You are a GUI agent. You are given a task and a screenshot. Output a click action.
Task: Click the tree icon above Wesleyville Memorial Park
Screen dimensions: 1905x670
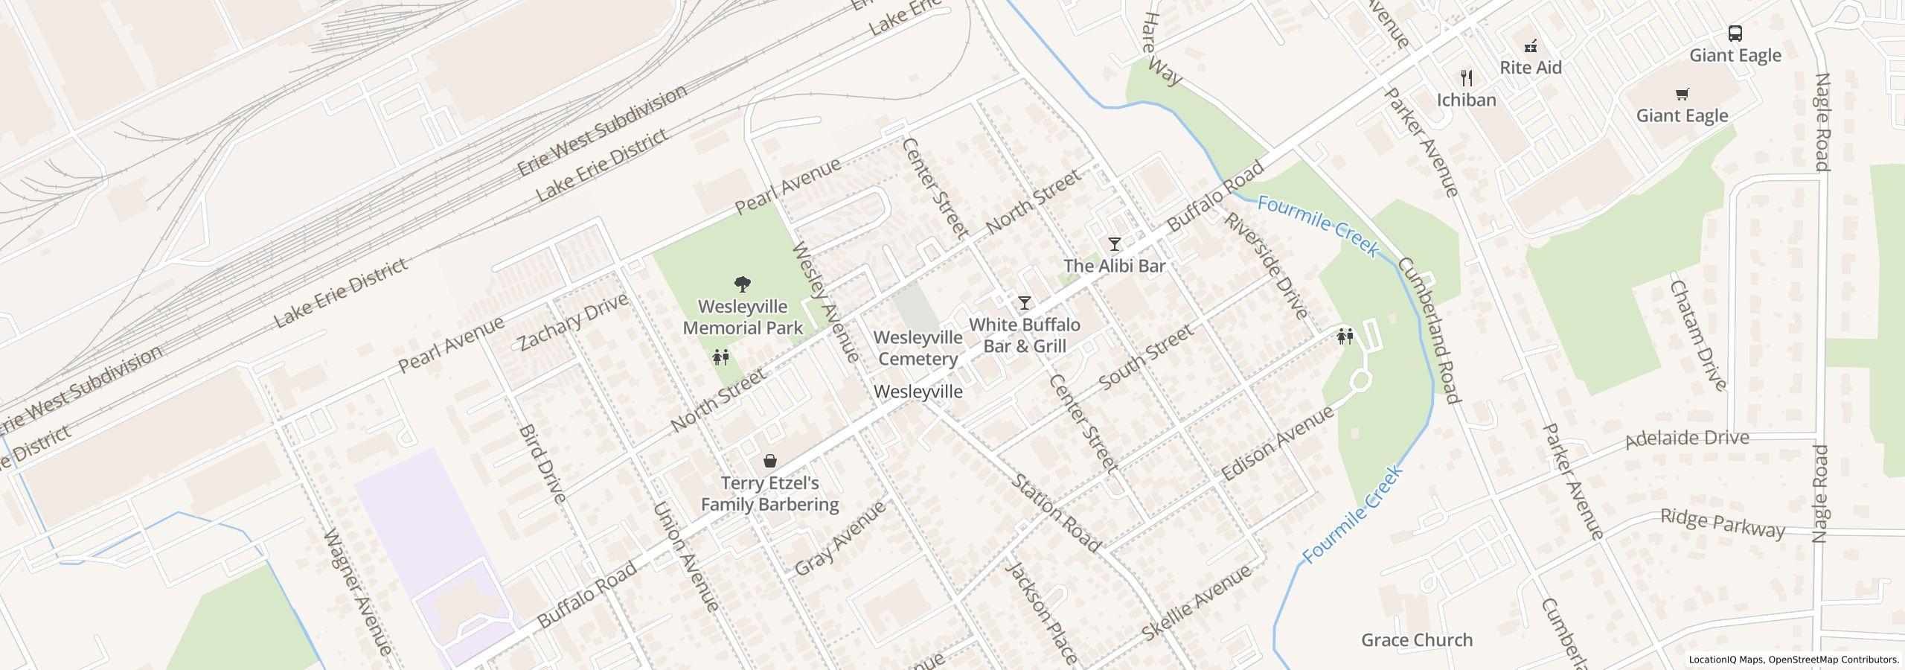pos(742,284)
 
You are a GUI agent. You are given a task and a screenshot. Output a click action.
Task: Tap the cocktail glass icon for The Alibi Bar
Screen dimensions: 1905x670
pos(1114,244)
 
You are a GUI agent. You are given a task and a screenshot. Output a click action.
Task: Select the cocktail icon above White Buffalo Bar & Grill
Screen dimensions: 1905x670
pos(1025,303)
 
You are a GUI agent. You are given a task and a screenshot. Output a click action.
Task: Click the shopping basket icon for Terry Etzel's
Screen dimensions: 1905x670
pos(770,461)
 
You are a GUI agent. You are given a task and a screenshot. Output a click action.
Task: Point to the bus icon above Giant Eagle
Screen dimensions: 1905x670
pos(1735,33)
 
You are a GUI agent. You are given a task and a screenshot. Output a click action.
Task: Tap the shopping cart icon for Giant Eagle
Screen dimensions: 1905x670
pos(1682,94)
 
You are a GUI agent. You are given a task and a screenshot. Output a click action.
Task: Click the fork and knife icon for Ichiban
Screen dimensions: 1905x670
pos(1467,77)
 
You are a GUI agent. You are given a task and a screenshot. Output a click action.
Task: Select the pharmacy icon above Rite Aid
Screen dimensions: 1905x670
pos(1530,46)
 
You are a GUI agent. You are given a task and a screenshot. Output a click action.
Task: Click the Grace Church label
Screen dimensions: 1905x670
pos(1416,639)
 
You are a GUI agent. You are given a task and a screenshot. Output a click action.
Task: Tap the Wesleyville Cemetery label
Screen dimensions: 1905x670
pos(918,348)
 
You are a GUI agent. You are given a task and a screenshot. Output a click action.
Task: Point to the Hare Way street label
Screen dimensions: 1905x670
pos(1162,50)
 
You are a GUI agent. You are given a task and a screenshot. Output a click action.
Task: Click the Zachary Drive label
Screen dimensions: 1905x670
pos(573,322)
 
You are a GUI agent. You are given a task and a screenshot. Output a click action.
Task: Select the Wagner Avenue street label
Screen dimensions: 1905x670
pos(358,592)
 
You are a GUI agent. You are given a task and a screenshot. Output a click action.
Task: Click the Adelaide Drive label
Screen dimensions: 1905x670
pos(1686,438)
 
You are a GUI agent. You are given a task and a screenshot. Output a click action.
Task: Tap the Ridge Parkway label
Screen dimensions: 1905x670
pos(1722,523)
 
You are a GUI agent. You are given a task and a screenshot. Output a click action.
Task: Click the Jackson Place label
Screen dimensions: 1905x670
pos(1040,612)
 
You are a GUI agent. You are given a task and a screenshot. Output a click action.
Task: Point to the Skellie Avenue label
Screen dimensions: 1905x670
pos(1197,603)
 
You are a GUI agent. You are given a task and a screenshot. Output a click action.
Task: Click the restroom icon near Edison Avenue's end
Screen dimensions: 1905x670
pos(1345,336)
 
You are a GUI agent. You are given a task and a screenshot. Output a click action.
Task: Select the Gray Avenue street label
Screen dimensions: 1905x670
pos(840,538)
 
